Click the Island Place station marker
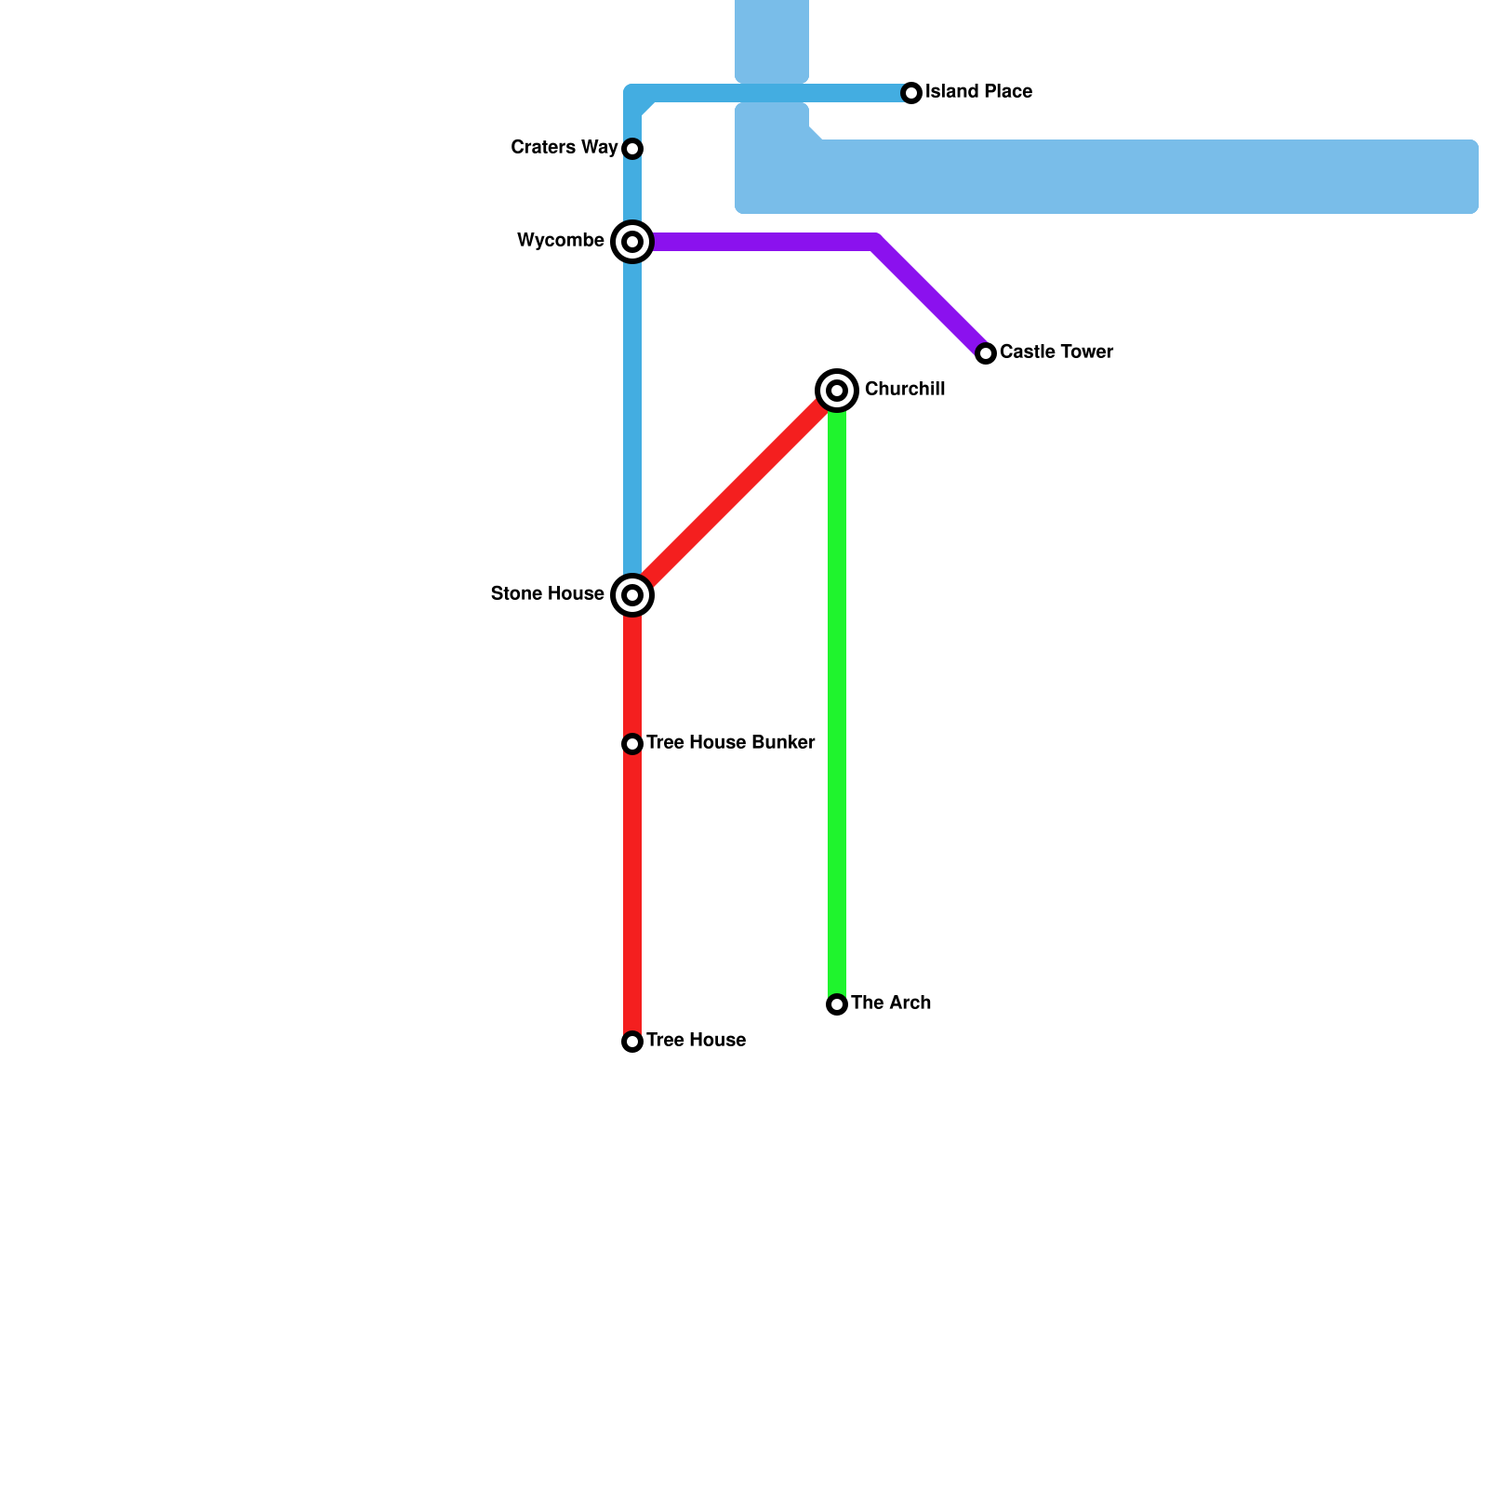[x=911, y=93]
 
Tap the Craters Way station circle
[x=632, y=149]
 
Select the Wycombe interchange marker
[x=632, y=242]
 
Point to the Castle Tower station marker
[x=986, y=353]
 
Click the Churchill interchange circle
[x=837, y=391]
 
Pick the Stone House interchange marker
[x=632, y=595]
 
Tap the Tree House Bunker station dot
[x=632, y=744]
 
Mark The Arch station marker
[x=837, y=1004]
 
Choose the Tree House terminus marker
[x=632, y=1042]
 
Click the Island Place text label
[x=978, y=92]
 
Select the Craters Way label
[x=565, y=148]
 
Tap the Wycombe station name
[x=561, y=241]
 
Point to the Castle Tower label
[x=1056, y=352]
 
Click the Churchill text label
[x=905, y=390]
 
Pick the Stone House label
[x=548, y=594]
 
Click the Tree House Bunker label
[x=730, y=743]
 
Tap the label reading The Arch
[x=891, y=1003]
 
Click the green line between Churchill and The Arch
[x=837, y=697]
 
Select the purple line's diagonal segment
[x=930, y=298]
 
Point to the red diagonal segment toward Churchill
[x=735, y=493]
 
